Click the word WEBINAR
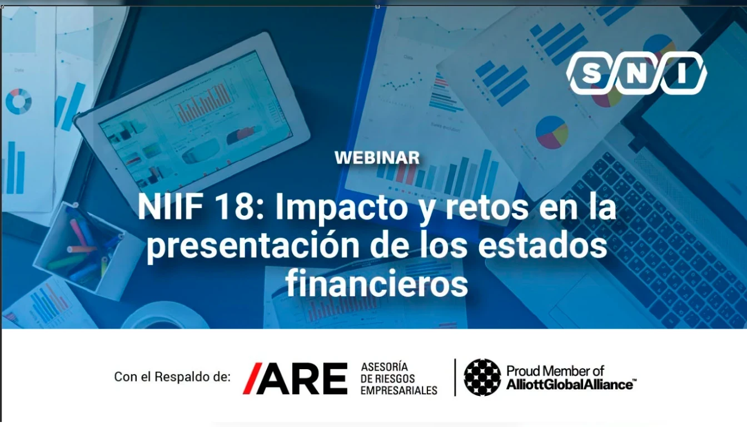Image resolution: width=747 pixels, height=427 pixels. (377, 158)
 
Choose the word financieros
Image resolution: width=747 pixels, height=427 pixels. (377, 284)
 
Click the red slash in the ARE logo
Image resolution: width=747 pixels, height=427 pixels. (252, 378)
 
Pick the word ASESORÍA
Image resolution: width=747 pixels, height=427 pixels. (385, 367)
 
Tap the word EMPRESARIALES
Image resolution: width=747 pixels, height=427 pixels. (399, 390)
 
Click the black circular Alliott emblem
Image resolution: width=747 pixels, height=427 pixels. (482, 378)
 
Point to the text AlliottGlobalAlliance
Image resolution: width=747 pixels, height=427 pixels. (571, 385)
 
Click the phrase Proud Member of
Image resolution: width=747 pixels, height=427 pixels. (555, 371)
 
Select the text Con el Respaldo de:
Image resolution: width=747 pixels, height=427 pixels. (172, 377)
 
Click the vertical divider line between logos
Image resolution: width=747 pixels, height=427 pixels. (455, 378)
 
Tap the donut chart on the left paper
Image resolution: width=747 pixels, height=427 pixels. (19, 101)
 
